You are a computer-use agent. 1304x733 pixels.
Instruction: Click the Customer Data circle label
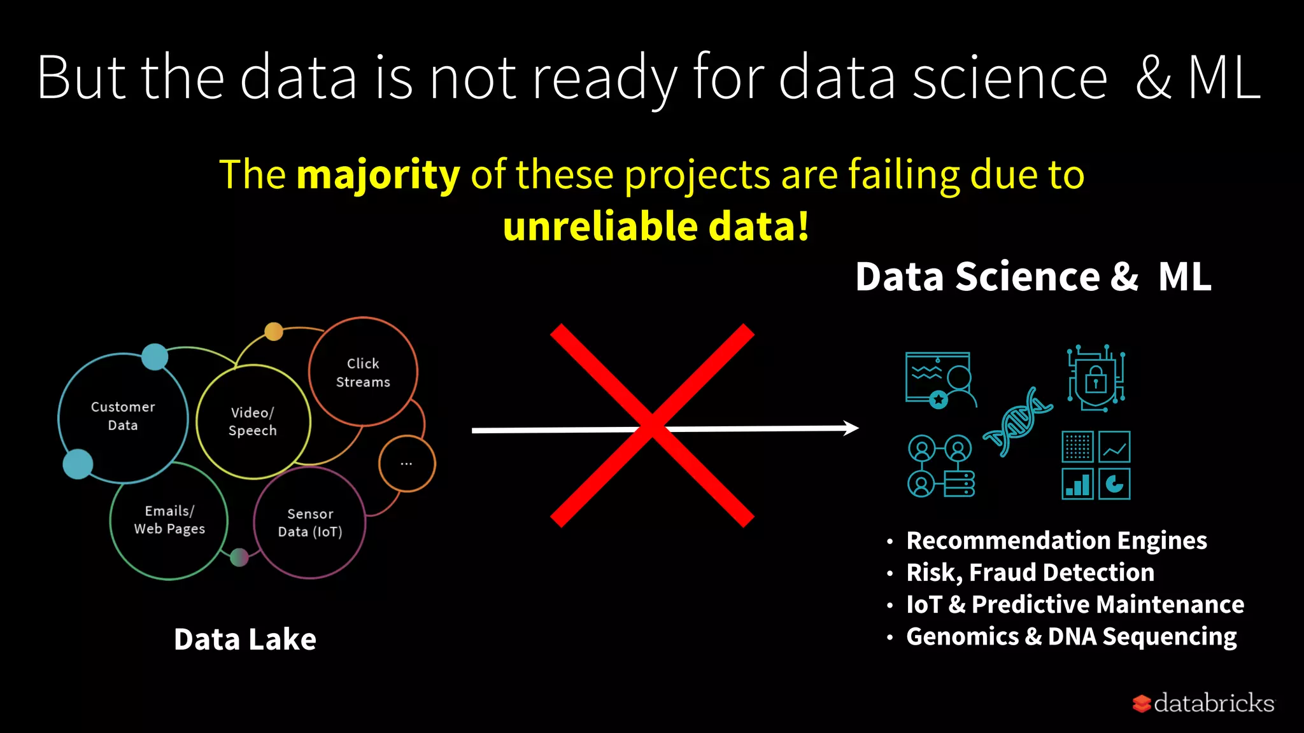(123, 416)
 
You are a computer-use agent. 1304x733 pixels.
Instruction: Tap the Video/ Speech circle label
(253, 421)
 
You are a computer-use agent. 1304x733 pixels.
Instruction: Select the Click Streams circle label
(363, 373)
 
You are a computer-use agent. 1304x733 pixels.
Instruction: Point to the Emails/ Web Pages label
(169, 520)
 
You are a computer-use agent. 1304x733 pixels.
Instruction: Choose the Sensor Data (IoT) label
(310, 522)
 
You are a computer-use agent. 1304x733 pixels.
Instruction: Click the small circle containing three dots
(407, 464)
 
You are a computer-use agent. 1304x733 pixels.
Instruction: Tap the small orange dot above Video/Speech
(274, 332)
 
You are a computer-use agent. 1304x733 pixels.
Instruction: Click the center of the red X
(652, 426)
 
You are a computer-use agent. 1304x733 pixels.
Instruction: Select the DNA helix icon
(1017, 422)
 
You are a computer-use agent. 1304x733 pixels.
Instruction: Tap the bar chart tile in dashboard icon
(1077, 484)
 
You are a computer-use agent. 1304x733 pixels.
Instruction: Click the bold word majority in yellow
(378, 175)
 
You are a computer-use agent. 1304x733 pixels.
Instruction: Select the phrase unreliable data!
(656, 227)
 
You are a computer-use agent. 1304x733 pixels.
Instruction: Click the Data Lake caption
(245, 639)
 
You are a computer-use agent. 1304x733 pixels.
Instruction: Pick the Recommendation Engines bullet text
(1056, 541)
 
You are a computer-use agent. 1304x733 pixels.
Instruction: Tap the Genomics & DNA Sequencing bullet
(1071, 636)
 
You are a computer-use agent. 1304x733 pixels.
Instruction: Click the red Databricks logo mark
(1141, 704)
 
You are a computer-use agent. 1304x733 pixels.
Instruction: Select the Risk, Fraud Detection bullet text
(1030, 573)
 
